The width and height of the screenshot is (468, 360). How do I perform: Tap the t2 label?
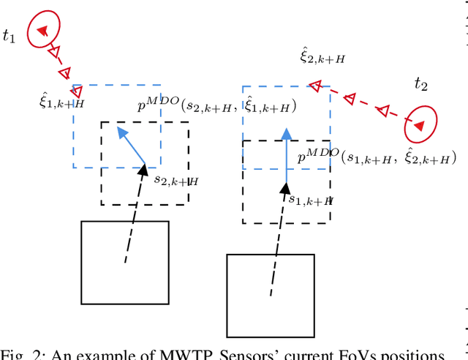point(420,84)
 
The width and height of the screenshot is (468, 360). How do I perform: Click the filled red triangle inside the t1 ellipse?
point(42,30)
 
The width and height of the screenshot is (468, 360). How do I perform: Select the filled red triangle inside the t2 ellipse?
point(418,127)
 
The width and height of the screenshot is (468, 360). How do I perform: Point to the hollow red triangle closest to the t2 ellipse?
point(383,110)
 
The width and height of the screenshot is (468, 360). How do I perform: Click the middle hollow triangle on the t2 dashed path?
point(350,98)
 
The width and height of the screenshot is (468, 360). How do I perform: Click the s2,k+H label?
point(175,179)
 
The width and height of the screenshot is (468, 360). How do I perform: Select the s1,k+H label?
point(311,198)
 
